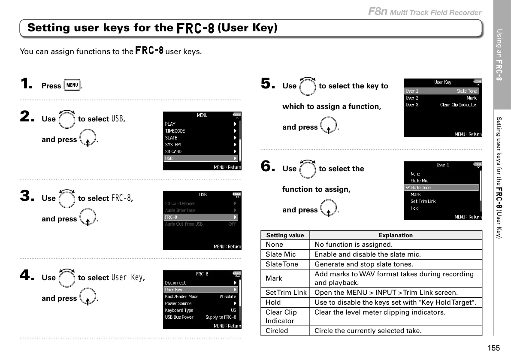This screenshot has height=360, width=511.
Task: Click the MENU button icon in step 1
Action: pyautogui.click(x=73, y=85)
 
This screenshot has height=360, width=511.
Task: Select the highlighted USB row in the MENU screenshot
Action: pyautogui.click(x=200, y=158)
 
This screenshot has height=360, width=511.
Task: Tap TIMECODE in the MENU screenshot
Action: pyautogui.click(x=175, y=131)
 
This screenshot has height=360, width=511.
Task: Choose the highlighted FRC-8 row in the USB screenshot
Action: pyautogui.click(x=200, y=217)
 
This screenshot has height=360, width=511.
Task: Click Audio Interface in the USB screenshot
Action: pyautogui.click(x=180, y=210)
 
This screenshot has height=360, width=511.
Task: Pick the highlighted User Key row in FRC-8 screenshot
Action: pyautogui.click(x=200, y=290)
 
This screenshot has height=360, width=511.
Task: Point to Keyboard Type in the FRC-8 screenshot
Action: pyautogui.click(x=179, y=310)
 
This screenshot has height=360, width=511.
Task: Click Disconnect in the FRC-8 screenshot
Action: pyautogui.click(x=175, y=283)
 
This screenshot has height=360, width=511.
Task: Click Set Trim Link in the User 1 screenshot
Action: pyautogui.click(x=423, y=201)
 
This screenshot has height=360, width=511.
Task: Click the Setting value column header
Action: pyautogui.click(x=285, y=235)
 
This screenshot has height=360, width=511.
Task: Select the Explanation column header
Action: pyautogui.click(x=396, y=235)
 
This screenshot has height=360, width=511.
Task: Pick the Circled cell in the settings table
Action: pyautogui.click(x=277, y=331)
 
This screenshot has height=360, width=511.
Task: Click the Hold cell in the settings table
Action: pyautogui.click(x=273, y=303)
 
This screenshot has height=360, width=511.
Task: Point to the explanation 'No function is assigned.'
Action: pyautogui.click(x=354, y=245)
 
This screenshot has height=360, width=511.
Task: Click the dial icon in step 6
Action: pyautogui.click(x=308, y=169)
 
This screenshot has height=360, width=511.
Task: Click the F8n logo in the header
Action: pyautogui.click(x=378, y=12)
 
